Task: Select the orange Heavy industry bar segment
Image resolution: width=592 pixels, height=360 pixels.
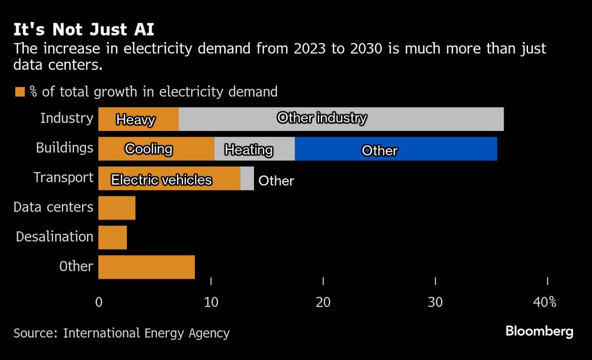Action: tap(138, 119)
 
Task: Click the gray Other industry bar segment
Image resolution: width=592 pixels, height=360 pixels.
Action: tap(340, 119)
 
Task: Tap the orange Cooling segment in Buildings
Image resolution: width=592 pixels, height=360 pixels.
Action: tap(156, 149)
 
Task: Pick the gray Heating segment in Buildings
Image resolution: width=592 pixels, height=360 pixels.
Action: tap(254, 149)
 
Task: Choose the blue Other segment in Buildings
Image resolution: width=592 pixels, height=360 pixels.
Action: tap(395, 149)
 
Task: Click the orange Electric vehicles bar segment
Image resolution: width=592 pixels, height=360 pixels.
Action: tap(169, 178)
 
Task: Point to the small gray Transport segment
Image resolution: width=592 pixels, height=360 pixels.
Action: tap(247, 178)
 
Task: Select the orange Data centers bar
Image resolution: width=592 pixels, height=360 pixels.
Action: tap(117, 208)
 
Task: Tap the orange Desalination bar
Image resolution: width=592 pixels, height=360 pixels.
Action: tap(112, 237)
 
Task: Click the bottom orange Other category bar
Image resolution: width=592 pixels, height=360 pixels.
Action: tap(146, 267)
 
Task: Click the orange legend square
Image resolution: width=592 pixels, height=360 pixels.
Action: tap(20, 92)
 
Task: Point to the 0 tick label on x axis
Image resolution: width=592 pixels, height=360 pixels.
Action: tap(98, 302)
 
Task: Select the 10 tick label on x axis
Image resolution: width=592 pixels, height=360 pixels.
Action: tap(211, 302)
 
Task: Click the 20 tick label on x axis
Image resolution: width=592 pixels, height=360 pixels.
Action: tap(323, 302)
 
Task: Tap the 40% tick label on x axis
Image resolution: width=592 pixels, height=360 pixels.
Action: tap(544, 302)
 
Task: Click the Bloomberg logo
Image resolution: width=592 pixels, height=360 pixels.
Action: tap(539, 332)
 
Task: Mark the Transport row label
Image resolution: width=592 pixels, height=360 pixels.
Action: tap(63, 178)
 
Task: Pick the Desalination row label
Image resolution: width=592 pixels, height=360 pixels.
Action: tap(54, 237)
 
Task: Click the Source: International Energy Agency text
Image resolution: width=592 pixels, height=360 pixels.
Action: tap(121, 333)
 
